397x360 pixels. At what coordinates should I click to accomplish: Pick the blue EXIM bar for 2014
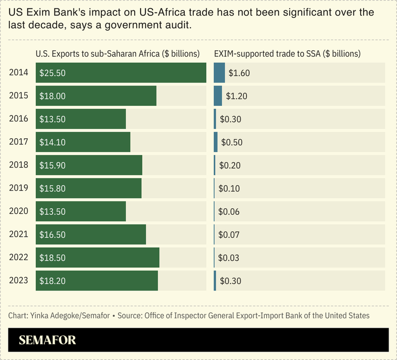[x=219, y=73]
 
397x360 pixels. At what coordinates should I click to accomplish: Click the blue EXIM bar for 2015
[x=218, y=95]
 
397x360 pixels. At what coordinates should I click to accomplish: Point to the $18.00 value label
[x=52, y=96]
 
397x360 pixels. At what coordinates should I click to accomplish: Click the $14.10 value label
[x=52, y=142]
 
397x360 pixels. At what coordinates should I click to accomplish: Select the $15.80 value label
[x=52, y=188]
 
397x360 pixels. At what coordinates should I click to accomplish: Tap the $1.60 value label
[x=239, y=73]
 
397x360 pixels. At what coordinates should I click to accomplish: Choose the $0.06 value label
[x=229, y=212]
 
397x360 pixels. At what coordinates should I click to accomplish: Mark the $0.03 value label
[x=229, y=258]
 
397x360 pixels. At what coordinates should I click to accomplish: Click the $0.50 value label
[x=232, y=142]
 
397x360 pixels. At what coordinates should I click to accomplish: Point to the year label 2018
[x=18, y=165]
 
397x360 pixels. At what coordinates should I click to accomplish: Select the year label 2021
[x=18, y=234]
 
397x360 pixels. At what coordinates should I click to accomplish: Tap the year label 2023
[x=18, y=280]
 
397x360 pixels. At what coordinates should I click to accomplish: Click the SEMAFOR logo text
[x=47, y=341]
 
